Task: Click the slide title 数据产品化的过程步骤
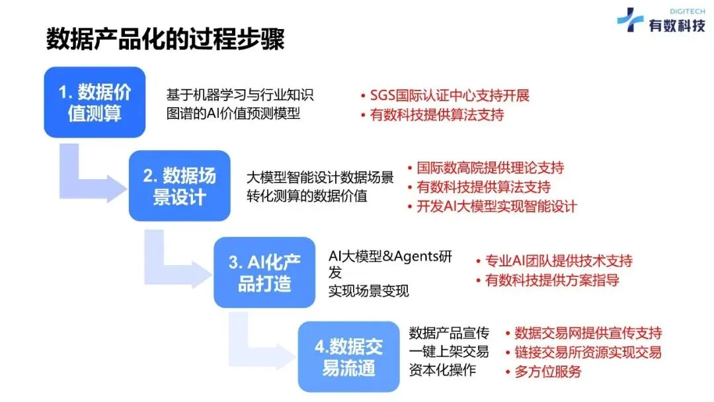(165, 39)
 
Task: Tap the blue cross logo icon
(629, 20)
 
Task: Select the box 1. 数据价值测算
(95, 102)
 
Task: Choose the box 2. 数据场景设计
(179, 186)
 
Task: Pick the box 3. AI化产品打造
(264, 272)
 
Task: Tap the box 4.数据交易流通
(348, 356)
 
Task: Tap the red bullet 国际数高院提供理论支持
(489, 168)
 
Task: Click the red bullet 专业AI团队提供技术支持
(558, 260)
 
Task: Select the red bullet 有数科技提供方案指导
(551, 280)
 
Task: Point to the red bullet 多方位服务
(547, 371)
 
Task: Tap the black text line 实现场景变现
(369, 291)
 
